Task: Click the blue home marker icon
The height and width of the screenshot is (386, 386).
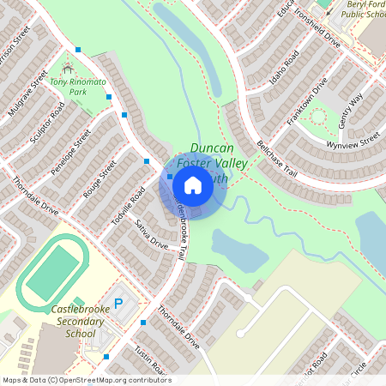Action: click(x=193, y=184)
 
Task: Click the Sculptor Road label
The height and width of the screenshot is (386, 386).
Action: click(x=47, y=126)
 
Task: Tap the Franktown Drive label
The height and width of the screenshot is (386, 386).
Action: click(x=308, y=102)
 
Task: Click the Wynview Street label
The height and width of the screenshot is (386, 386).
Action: click(x=352, y=140)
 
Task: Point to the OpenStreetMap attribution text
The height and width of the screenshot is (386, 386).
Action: click(x=86, y=380)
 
